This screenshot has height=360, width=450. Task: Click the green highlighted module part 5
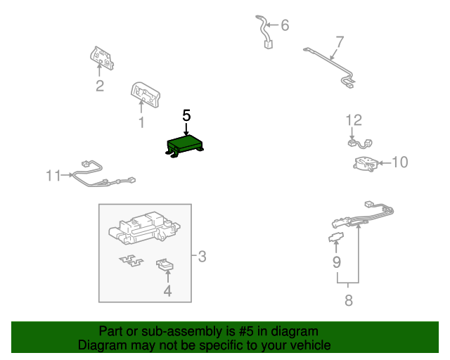(186, 144)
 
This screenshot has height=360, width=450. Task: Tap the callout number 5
(186, 115)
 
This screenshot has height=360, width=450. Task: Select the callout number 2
(100, 86)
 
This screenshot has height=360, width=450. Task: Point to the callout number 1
(141, 123)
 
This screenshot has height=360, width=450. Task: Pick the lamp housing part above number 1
(145, 94)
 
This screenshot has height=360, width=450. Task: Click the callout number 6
(285, 26)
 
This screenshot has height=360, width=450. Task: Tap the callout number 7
(340, 41)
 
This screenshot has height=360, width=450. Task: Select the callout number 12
(353, 120)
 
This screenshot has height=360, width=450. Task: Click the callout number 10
(399, 162)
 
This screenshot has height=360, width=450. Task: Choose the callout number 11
(54, 175)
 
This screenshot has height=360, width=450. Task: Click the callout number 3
(202, 257)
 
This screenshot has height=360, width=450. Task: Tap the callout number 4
(167, 290)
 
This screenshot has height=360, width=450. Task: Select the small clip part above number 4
(165, 264)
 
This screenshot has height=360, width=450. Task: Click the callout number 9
(337, 262)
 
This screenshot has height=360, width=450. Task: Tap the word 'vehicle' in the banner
(307, 345)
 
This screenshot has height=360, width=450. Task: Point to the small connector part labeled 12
(354, 143)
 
